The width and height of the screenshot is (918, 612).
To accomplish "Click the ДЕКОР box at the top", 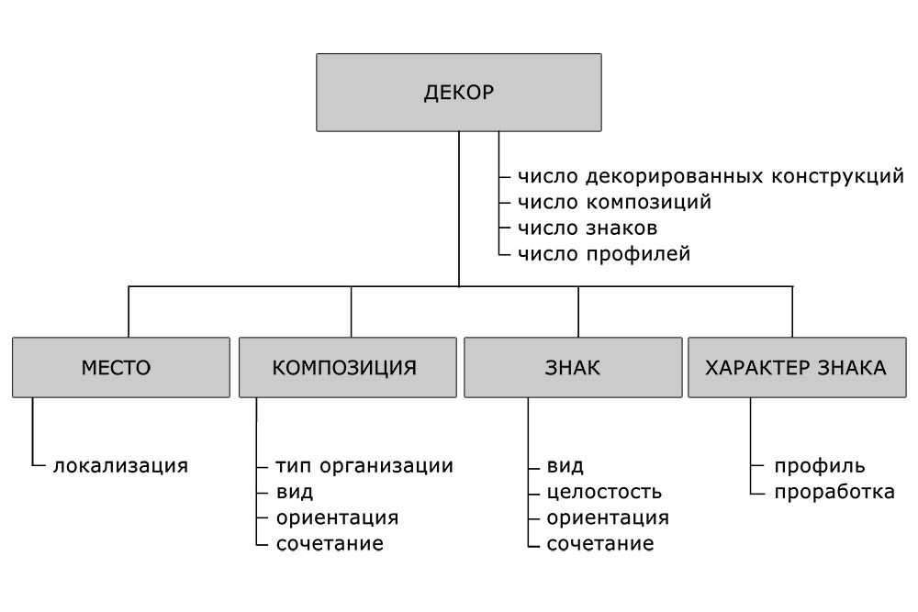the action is click(x=458, y=93).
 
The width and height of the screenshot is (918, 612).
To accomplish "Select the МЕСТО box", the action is click(x=121, y=367).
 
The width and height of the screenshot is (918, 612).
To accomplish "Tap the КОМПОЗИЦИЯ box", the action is click(x=348, y=367).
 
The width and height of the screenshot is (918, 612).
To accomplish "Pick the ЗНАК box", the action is click(x=573, y=367).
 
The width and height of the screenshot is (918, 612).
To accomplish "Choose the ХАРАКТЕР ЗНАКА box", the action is click(x=797, y=367).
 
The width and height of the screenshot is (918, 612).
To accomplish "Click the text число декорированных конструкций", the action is click(x=711, y=176).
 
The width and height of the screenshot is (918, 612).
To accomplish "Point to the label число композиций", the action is click(x=615, y=202).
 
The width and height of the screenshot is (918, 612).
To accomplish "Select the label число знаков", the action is click(x=588, y=228).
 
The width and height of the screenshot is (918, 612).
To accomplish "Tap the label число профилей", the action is click(x=604, y=254).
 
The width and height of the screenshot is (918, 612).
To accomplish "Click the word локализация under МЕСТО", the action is click(x=120, y=466).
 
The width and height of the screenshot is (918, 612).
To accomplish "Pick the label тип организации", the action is click(x=364, y=466).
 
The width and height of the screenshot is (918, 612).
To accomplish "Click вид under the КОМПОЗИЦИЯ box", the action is click(x=295, y=492).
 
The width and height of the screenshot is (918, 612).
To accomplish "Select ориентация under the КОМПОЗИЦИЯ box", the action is click(x=337, y=517).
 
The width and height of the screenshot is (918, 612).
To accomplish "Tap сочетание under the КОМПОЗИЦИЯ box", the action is click(x=330, y=543).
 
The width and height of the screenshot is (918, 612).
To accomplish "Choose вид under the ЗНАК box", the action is click(x=565, y=466).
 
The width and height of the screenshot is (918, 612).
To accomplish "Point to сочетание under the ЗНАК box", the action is click(x=600, y=543).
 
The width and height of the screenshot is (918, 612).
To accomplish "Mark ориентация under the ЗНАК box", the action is click(x=608, y=517).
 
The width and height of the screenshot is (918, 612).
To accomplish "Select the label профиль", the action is click(x=820, y=466).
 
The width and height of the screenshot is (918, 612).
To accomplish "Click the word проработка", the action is click(x=834, y=492).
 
